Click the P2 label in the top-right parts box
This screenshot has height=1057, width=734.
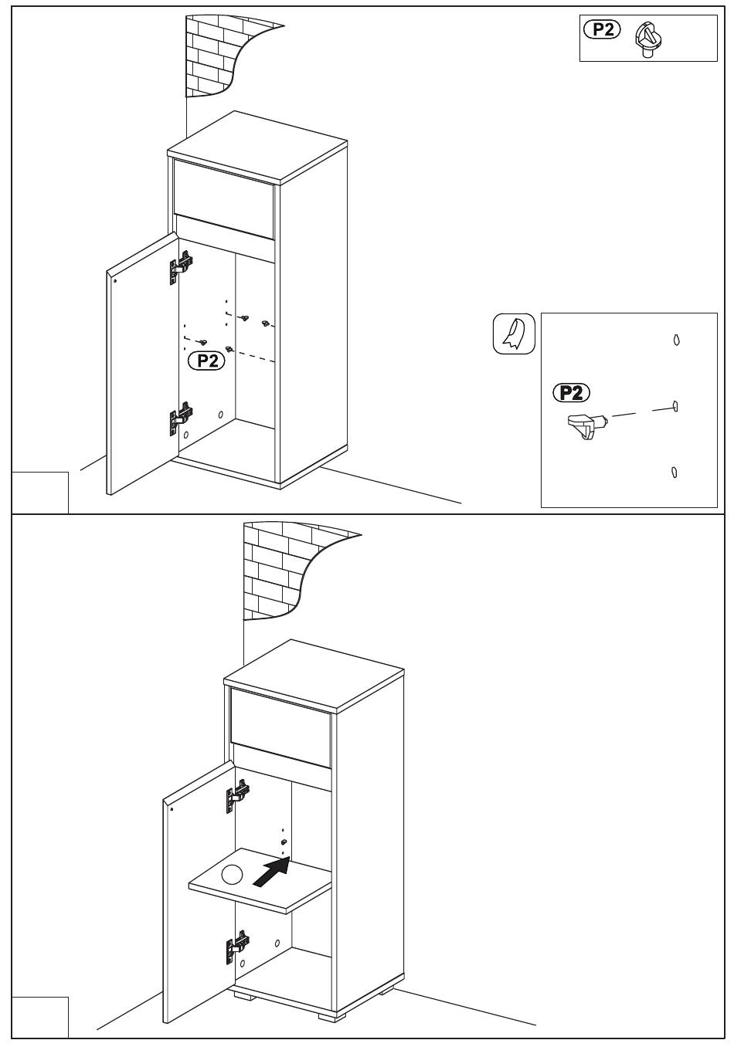click(602, 30)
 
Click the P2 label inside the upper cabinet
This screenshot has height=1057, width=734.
click(206, 361)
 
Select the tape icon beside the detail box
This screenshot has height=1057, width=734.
click(514, 334)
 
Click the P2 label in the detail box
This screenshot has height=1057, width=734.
click(571, 392)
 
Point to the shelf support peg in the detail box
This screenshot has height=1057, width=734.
click(587, 425)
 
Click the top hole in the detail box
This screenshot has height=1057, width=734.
click(676, 340)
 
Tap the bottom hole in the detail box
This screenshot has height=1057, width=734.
click(674, 472)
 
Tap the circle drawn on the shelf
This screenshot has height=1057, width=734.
click(232, 874)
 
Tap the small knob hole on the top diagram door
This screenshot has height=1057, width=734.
click(115, 281)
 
